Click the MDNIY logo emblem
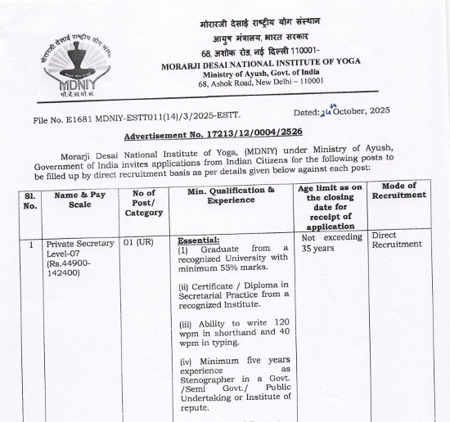[72, 65]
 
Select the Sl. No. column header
[30, 201]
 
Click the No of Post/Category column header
[144, 201]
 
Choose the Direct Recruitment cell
[398, 240]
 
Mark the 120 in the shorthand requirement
[280, 325]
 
